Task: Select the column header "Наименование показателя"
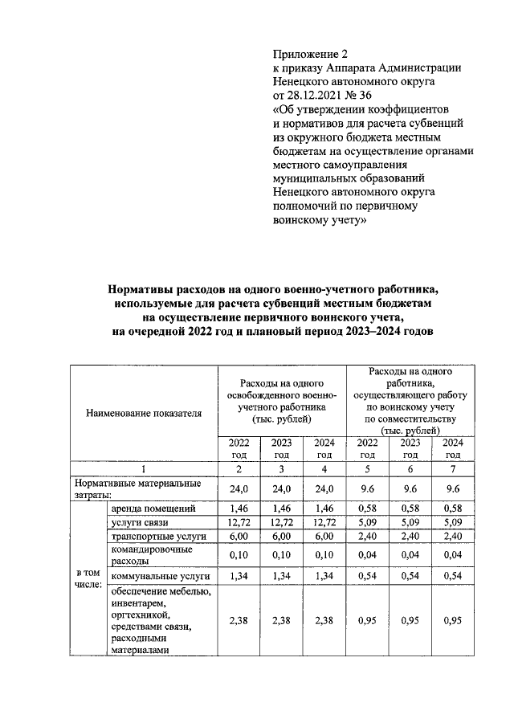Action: [x=144, y=413]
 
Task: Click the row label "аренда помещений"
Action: [x=155, y=509]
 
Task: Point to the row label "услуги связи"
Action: [x=143, y=523]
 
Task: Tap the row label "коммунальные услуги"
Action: [x=161, y=576]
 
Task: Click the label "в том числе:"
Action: [x=88, y=578]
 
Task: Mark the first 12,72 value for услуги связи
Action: [x=239, y=523]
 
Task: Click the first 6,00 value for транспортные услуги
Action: [x=239, y=536]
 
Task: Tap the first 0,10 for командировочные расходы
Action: [x=239, y=556]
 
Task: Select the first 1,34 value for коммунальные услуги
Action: [x=239, y=576]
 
